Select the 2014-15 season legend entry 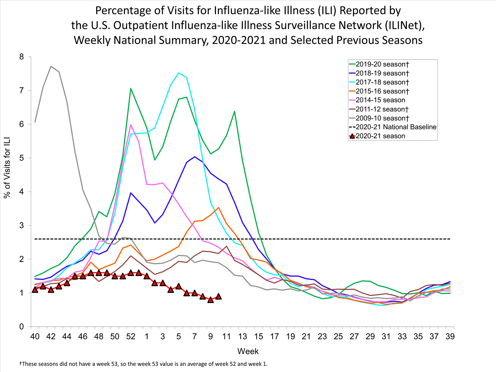coord(380,100)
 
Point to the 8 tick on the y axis coord(22,57)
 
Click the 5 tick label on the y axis coord(22,158)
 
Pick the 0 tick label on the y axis coord(22,327)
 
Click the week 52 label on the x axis coord(131,337)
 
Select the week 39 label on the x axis coord(450,337)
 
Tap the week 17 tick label coord(274,337)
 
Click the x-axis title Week coord(248,351)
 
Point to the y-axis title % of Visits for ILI coord(7,167)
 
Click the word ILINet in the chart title coord(403,25)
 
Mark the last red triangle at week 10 coord(219,297)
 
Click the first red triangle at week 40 coord(35,290)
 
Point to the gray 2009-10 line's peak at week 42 coord(51,66)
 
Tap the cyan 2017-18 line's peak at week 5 coord(179,73)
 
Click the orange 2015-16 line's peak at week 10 coord(219,208)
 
